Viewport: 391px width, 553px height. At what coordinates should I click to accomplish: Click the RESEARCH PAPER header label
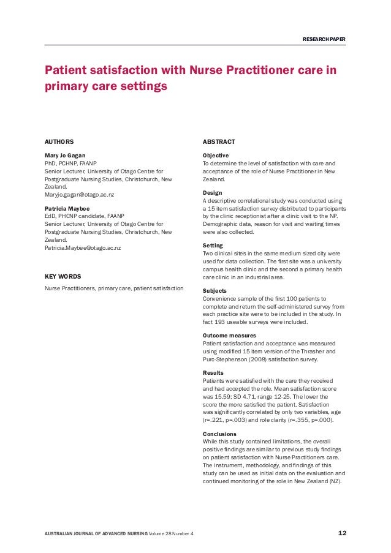tap(324, 40)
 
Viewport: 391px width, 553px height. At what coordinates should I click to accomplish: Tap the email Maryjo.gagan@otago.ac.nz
tap(80, 195)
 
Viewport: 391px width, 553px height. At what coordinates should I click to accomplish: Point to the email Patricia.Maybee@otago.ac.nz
tap(83, 248)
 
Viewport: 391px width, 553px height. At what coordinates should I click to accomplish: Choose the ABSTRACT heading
tap(218, 142)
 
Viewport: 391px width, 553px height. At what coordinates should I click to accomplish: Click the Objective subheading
tap(216, 156)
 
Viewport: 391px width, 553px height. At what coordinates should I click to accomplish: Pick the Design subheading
tap(212, 193)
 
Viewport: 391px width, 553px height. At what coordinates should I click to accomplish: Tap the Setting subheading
tap(213, 246)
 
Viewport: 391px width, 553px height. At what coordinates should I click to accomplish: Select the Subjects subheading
tap(214, 291)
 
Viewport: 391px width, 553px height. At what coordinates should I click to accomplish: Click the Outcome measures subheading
tap(229, 336)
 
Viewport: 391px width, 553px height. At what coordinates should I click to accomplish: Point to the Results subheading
tap(213, 373)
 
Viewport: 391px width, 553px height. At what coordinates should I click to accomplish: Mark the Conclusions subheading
tap(219, 434)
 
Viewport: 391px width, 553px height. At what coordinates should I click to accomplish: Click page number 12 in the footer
tap(343, 533)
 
